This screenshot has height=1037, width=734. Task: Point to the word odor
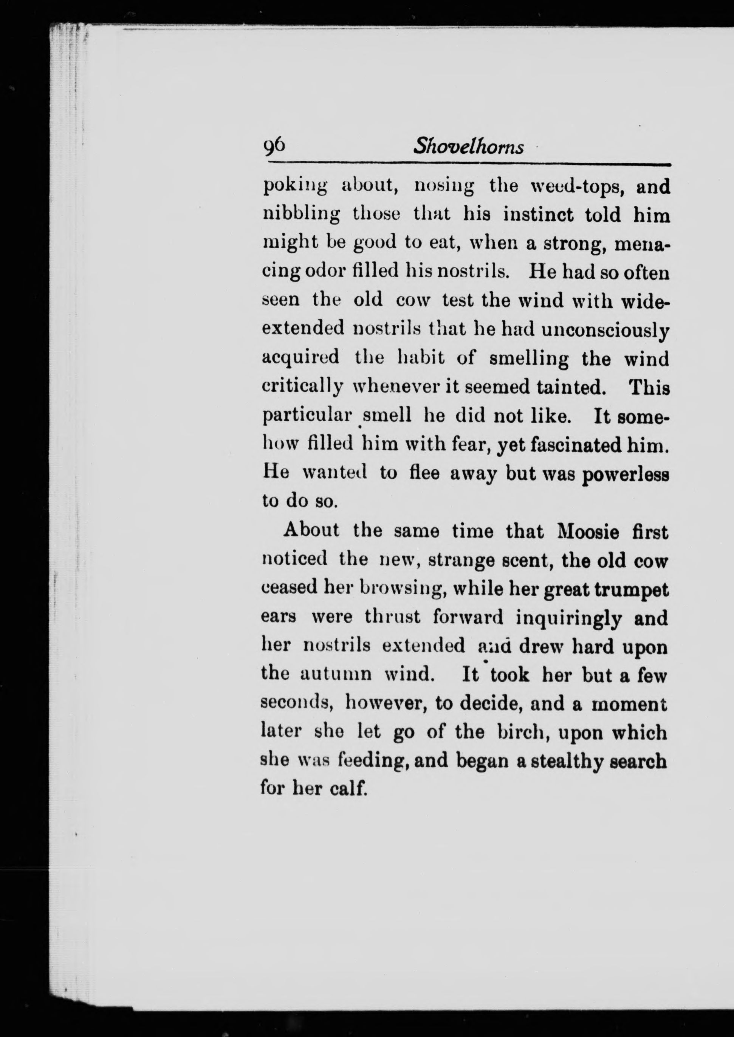coord(326,271)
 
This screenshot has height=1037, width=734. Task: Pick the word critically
coord(302,388)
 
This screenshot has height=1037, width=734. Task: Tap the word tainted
coord(570,387)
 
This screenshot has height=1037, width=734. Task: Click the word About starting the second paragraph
coord(311,530)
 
